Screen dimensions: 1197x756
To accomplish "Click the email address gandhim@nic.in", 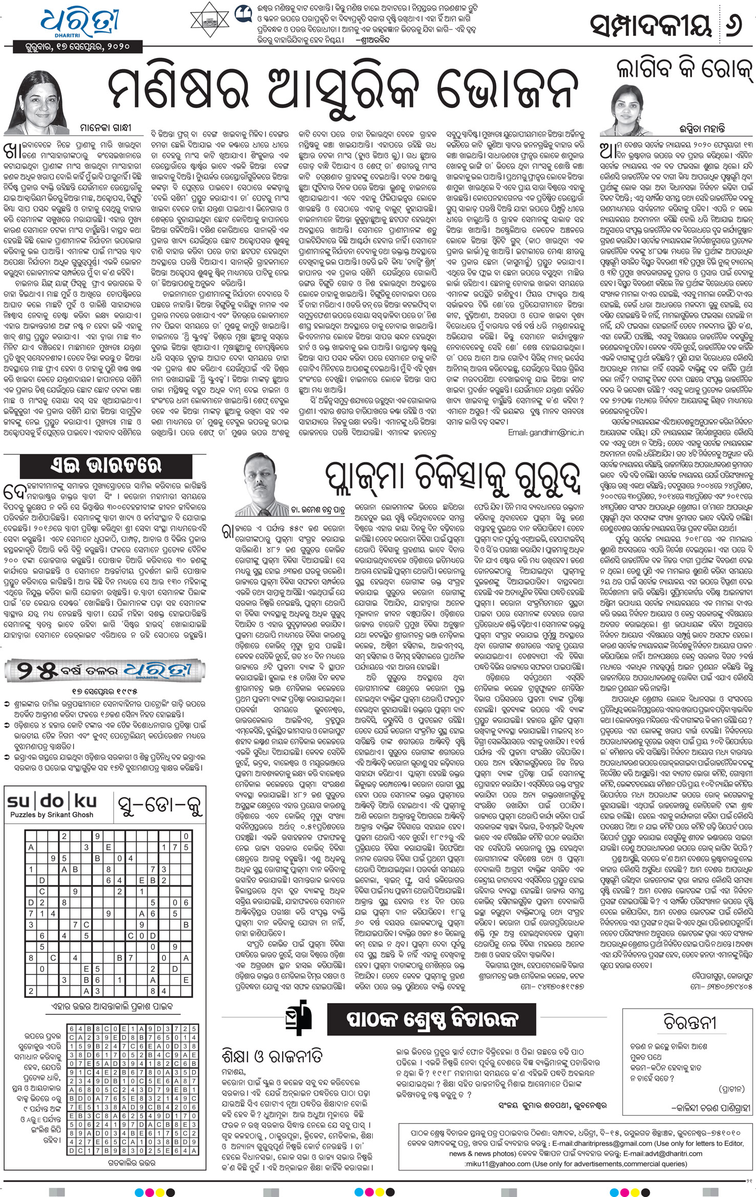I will point(545,432).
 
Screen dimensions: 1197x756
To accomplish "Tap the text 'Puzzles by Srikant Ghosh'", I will point(52,815).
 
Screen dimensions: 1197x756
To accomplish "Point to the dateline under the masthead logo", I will point(77,47).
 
